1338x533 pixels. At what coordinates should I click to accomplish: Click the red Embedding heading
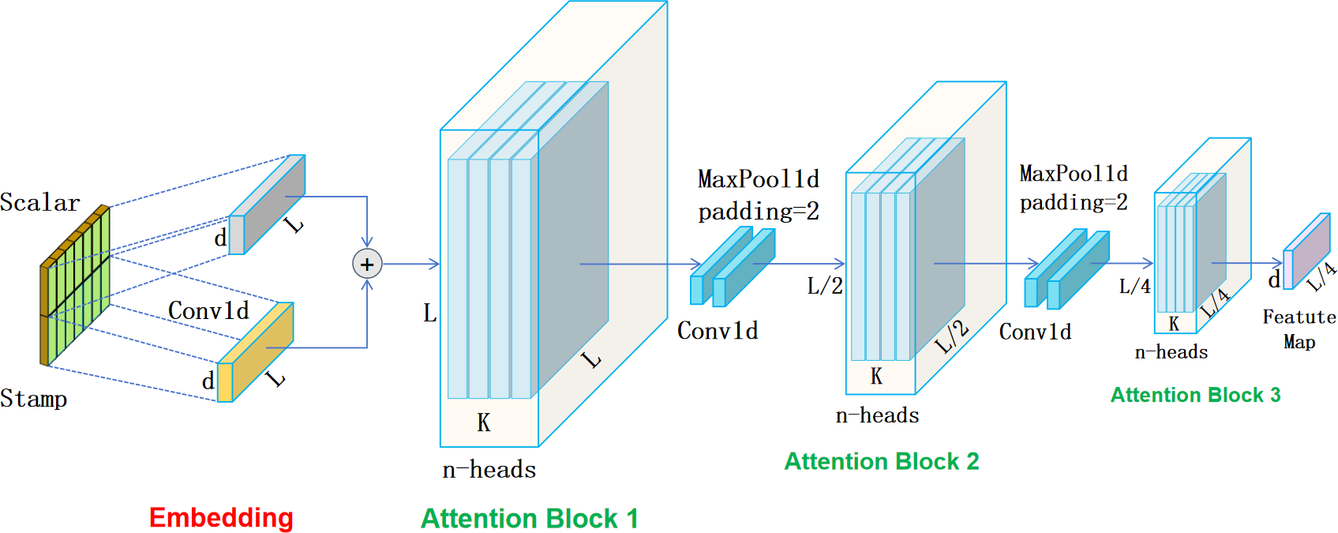pos(221,517)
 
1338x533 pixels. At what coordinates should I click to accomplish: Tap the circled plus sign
pos(367,264)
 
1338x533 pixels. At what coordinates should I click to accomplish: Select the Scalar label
pos(39,203)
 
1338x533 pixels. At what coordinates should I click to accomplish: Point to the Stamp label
pos(34,398)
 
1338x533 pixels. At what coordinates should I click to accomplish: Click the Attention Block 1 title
pos(529,518)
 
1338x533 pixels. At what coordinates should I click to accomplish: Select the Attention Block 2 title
pos(881,461)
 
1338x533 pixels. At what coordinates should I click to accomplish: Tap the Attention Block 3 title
pos(1195,395)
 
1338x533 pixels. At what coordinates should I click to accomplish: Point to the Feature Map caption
pos(1299,328)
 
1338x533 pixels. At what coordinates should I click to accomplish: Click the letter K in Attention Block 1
pos(484,423)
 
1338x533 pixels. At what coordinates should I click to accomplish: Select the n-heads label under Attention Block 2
pos(877,415)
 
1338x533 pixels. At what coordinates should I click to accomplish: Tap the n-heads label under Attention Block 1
pos(489,470)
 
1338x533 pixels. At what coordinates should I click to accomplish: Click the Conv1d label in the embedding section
pos(208,310)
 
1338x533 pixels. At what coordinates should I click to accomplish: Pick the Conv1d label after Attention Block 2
pos(1035,332)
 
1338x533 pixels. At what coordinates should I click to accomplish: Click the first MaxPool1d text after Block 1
pos(759,179)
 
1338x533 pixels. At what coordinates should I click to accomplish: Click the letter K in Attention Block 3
pos(1174,324)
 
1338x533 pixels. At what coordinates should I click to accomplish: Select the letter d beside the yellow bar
pos(208,381)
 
